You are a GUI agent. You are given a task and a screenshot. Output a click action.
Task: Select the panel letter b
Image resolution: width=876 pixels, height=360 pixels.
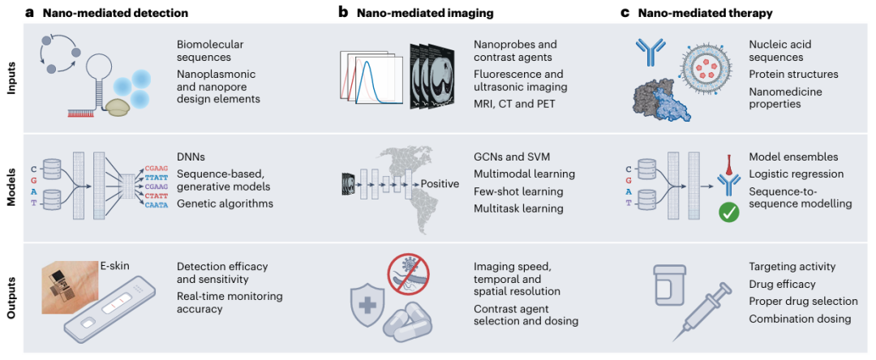344,11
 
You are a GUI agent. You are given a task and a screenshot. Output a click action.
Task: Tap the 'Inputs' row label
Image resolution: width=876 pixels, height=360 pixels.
13,78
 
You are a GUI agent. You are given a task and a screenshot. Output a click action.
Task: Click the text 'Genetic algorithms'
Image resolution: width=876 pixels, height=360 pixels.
225,204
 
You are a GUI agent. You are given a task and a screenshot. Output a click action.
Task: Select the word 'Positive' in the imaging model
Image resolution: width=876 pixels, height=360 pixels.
439,183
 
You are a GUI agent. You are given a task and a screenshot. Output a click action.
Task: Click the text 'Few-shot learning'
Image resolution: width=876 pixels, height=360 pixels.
517,191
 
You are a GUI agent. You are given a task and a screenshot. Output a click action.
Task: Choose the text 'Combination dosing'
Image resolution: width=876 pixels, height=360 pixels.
800,319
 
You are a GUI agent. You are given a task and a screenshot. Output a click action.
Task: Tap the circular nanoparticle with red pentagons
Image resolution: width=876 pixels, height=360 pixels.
709,70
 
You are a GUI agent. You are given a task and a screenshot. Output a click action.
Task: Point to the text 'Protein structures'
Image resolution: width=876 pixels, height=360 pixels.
793,75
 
